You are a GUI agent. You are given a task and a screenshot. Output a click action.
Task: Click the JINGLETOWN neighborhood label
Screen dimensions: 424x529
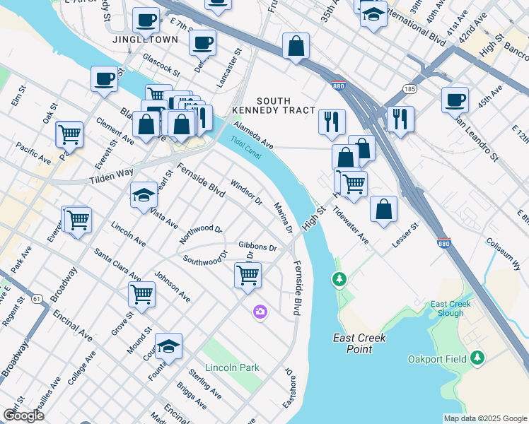pyautogui.click(x=145, y=40)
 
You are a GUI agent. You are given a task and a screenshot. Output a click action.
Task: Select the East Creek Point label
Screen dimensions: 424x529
pyautogui.click(x=360, y=343)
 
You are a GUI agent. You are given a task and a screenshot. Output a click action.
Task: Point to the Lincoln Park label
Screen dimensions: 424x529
pyautogui.click(x=232, y=367)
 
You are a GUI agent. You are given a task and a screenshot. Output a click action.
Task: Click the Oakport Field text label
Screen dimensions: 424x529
pyautogui.click(x=437, y=359)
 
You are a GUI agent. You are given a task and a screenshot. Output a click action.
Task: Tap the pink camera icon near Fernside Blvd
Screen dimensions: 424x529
pyautogui.click(x=260, y=312)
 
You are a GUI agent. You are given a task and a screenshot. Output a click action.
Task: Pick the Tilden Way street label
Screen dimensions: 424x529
pyautogui.click(x=112, y=177)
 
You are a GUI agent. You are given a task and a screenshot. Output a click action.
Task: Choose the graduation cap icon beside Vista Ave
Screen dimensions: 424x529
pyautogui.click(x=144, y=194)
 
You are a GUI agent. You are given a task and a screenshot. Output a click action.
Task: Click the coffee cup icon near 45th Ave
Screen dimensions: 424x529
pyautogui.click(x=455, y=99)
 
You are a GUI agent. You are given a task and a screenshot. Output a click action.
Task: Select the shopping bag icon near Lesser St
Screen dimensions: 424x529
pyautogui.click(x=383, y=208)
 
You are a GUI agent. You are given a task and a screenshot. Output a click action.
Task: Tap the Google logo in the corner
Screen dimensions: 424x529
pyautogui.click(x=23, y=416)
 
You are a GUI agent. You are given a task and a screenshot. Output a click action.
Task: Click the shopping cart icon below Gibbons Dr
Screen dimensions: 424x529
pyautogui.click(x=248, y=275)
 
